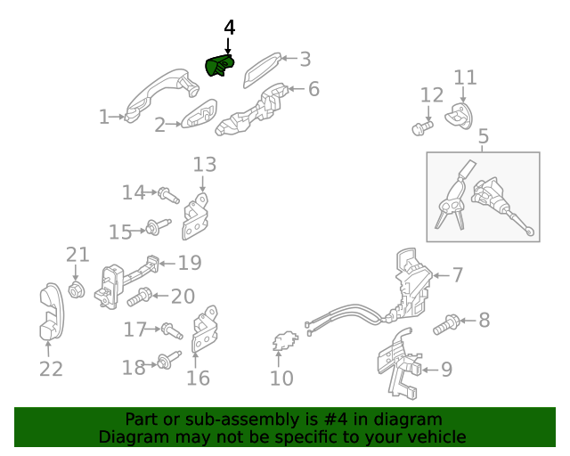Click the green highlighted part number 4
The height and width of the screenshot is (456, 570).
coord(220,65)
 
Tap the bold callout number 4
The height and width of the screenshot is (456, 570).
coord(230,28)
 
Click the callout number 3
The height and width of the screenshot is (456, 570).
coord(305,60)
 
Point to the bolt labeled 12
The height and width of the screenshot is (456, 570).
coord(422,128)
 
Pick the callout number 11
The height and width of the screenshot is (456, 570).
coord(465,77)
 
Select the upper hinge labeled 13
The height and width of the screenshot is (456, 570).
coord(195,216)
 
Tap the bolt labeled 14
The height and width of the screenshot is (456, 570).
coord(168,195)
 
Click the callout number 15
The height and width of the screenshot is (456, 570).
coord(120,232)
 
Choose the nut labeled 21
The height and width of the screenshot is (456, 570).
coord(77,289)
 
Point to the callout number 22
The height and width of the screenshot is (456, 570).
coord(51,369)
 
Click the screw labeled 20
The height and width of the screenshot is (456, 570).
coord(139,297)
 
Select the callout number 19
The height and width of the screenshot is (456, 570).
coord(190,263)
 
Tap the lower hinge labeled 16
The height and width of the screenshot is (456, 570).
coord(204,330)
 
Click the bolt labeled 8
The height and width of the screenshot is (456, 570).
coord(446,324)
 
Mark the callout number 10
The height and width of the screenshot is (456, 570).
coord(281,379)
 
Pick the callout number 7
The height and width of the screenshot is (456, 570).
coord(458,275)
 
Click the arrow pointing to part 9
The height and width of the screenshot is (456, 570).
coord(430,370)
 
